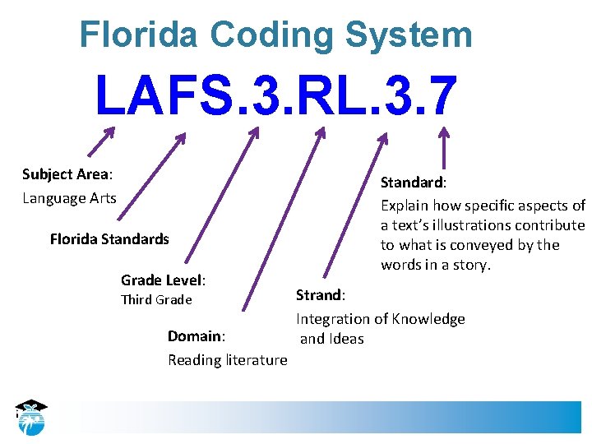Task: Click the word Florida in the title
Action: click(x=138, y=35)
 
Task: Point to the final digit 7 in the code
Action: click(x=441, y=96)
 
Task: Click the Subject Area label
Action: click(x=67, y=174)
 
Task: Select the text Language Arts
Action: click(x=69, y=198)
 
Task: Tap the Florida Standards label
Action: click(x=109, y=239)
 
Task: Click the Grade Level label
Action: click(x=163, y=280)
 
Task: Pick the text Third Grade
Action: click(x=156, y=300)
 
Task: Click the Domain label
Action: click(x=196, y=336)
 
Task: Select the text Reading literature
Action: click(x=228, y=360)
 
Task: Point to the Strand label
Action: click(x=321, y=294)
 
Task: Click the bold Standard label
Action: click(x=411, y=182)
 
